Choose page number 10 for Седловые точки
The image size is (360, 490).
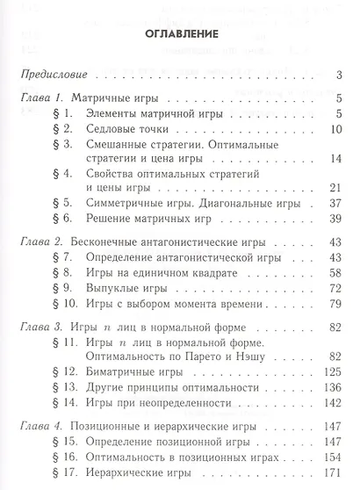[335, 129]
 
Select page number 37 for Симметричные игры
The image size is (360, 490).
[335, 200]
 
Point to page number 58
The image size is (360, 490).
[335, 272]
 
